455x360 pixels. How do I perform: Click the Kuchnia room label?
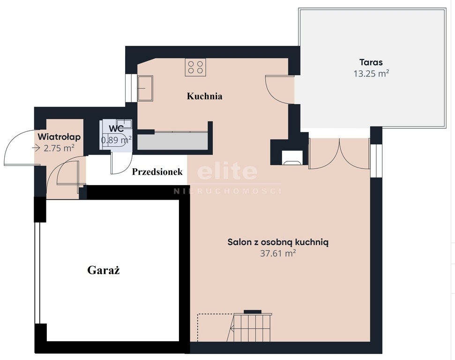point(205,96)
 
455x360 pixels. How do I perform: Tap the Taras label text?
point(371,62)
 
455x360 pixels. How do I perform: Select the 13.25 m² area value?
point(371,74)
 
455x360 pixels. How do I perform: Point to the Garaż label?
point(104,270)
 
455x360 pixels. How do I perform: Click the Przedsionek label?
point(157,172)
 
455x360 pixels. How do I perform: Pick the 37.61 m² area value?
point(278,253)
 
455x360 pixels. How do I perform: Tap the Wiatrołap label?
point(59,136)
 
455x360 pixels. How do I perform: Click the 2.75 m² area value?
point(59,148)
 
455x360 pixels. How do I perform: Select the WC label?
point(116,128)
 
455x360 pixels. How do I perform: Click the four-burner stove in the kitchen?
point(195,67)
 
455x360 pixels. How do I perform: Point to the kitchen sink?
point(145,88)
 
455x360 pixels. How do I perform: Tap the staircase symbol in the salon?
point(250,327)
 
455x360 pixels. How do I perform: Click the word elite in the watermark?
point(227,171)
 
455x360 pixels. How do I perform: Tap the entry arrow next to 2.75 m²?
point(36,148)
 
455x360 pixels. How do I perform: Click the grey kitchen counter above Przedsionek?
point(172,141)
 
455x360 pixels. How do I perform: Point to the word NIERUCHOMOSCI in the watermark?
point(227,191)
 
